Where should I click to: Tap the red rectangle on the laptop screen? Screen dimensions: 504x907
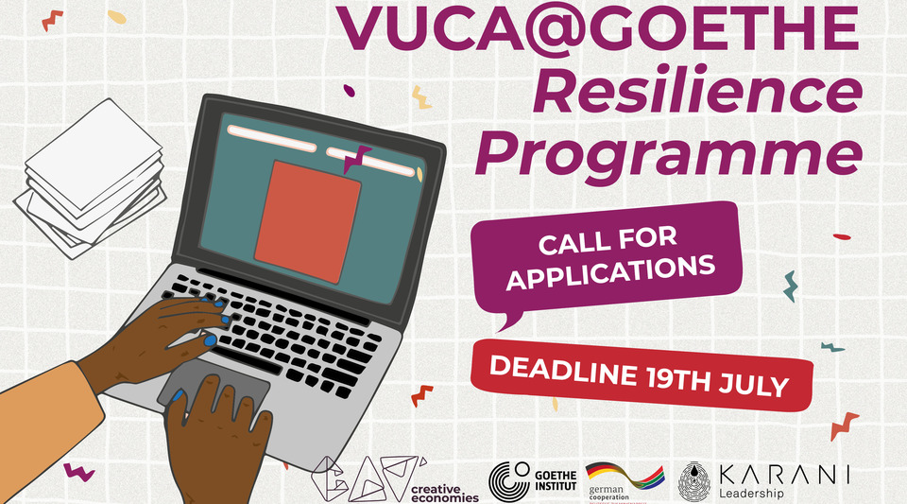(x=309, y=220)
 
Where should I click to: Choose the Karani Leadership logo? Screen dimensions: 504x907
(x=765, y=481)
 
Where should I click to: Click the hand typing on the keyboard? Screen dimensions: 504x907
(x=180, y=326)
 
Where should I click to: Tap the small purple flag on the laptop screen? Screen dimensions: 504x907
(x=357, y=159)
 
